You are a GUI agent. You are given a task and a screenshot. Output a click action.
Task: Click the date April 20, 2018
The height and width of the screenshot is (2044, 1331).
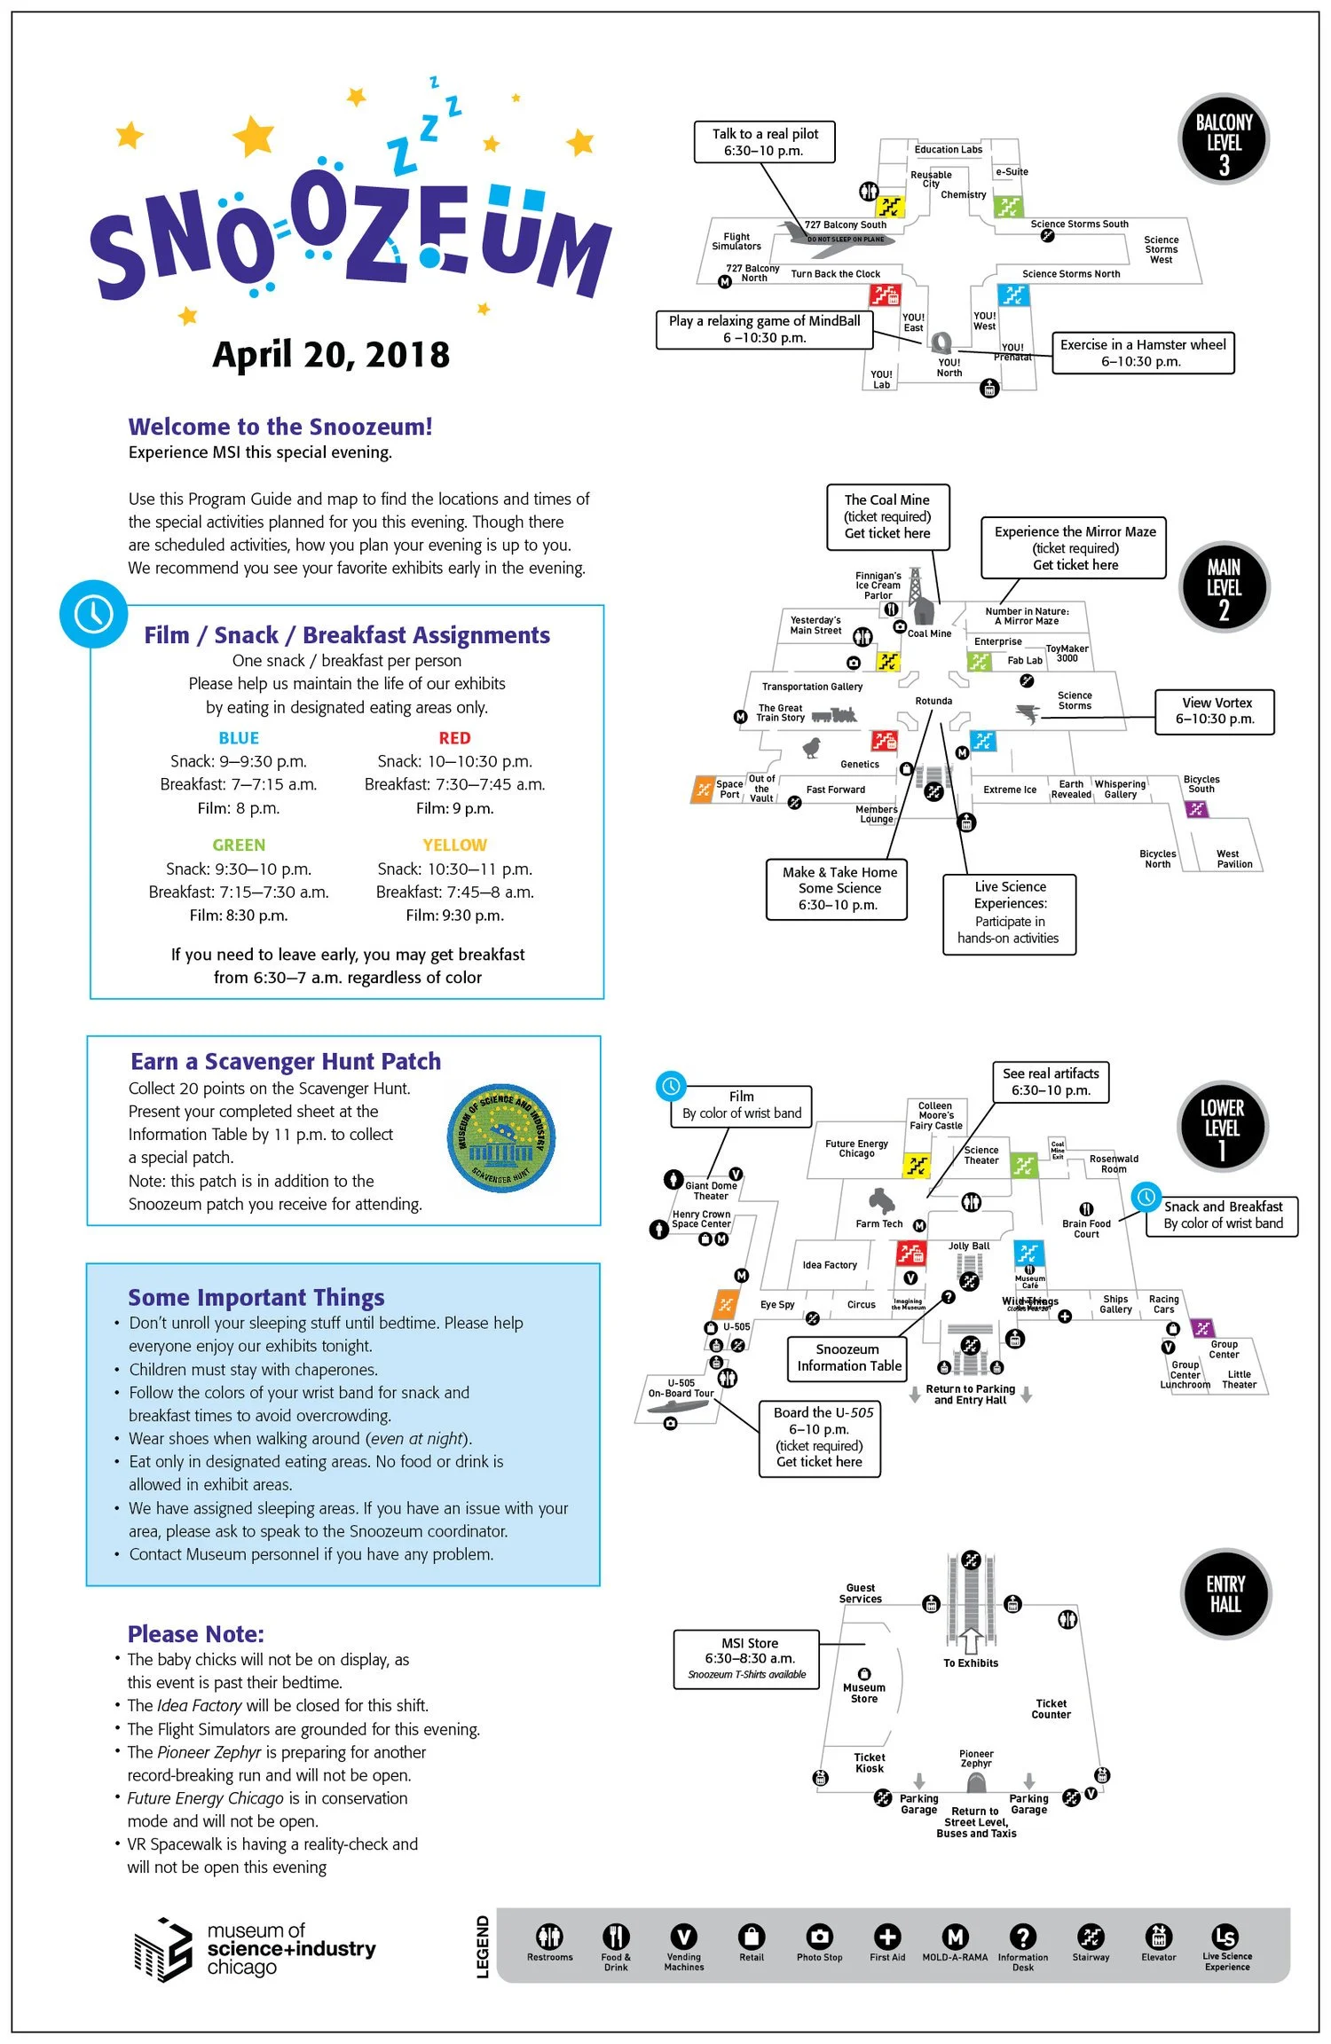click(331, 355)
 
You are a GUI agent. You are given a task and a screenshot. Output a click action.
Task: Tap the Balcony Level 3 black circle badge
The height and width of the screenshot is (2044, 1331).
click(1224, 140)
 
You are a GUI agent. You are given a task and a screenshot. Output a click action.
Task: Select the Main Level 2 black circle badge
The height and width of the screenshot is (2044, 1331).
click(1224, 586)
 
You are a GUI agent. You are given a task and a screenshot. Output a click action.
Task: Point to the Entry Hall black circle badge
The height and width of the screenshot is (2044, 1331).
click(1225, 1593)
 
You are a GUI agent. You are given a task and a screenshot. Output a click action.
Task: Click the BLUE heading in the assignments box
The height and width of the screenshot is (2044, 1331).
click(239, 738)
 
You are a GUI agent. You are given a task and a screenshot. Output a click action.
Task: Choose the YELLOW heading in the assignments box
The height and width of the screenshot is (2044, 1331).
click(454, 845)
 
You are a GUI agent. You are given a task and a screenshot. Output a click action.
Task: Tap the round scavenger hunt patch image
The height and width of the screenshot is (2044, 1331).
click(501, 1137)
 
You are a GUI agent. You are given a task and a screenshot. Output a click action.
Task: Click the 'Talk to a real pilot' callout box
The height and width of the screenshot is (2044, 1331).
click(764, 142)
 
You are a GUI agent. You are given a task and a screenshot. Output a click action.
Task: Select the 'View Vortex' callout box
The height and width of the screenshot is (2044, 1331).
click(1215, 711)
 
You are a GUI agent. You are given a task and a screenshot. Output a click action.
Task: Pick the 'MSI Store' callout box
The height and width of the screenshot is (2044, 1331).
click(746, 1658)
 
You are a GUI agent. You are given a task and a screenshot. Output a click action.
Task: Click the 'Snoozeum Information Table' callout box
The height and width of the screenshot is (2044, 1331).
click(848, 1357)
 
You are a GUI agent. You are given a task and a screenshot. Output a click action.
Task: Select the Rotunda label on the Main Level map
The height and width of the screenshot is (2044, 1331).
click(933, 701)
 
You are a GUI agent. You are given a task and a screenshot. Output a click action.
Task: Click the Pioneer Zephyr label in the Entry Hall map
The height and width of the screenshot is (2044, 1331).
click(976, 1758)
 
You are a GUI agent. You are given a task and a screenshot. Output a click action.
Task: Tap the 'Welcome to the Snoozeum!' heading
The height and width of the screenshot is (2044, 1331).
click(280, 427)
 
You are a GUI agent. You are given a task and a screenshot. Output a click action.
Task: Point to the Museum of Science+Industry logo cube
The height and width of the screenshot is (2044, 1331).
click(163, 1949)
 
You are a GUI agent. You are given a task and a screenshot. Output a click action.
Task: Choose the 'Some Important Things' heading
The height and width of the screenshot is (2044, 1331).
click(256, 1297)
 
